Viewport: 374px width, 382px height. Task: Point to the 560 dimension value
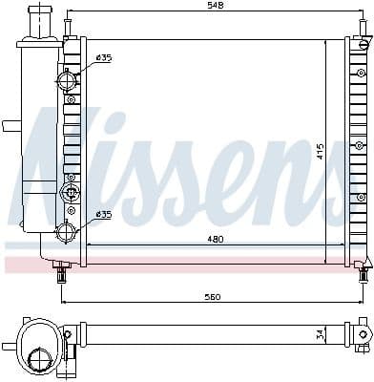212,297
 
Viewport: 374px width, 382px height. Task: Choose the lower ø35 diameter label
103,215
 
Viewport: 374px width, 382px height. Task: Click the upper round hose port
69,80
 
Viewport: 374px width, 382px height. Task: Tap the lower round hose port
68,230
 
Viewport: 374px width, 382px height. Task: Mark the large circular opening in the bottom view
39,357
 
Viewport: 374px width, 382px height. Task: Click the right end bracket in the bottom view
360,334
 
